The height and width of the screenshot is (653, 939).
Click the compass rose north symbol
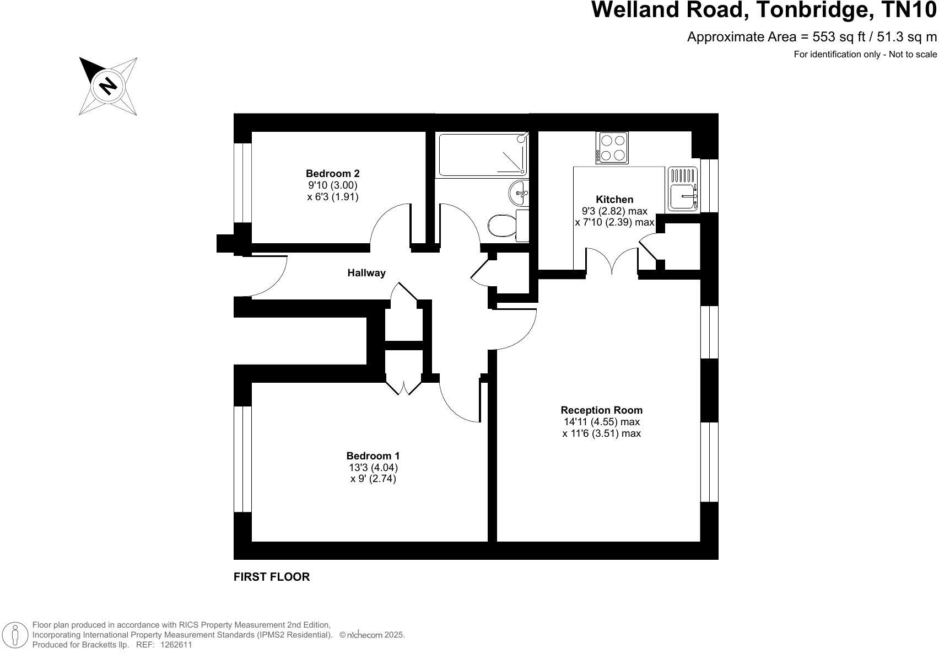(x=108, y=86)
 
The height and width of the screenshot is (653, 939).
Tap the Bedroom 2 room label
(x=333, y=174)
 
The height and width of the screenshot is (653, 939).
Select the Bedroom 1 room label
(x=373, y=456)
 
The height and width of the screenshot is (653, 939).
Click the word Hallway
(x=366, y=273)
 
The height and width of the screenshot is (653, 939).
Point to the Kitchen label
(x=614, y=200)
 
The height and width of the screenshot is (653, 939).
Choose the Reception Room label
(x=601, y=410)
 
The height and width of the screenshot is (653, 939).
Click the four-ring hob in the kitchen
(x=612, y=148)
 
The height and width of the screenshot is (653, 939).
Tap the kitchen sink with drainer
(x=683, y=190)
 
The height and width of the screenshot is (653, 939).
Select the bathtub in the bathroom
(x=483, y=154)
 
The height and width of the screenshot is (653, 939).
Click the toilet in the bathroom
(x=502, y=225)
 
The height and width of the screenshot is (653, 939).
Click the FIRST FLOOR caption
(x=272, y=577)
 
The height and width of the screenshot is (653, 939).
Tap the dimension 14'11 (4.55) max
(x=601, y=422)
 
